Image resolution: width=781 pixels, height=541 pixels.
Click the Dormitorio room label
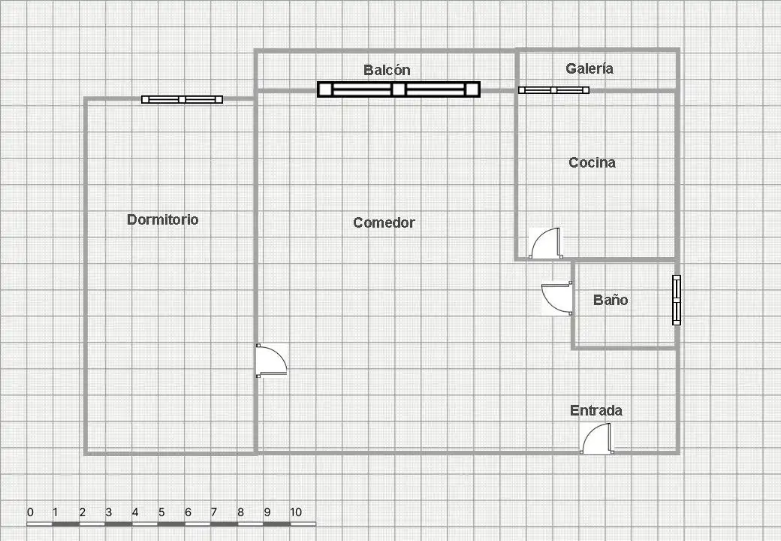click(x=163, y=219)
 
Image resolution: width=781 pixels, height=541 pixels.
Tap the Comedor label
click(x=384, y=222)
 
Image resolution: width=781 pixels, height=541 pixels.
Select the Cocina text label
click(x=593, y=162)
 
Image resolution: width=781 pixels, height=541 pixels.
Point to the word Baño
click(x=611, y=300)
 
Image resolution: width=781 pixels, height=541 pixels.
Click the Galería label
click(x=590, y=68)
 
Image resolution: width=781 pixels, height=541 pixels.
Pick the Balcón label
click(x=387, y=70)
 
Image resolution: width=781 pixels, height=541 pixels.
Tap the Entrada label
click(x=596, y=410)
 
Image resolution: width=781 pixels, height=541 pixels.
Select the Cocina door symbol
click(x=545, y=243)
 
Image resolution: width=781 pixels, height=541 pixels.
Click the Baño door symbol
click(x=557, y=298)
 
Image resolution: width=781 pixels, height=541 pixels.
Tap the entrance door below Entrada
click(x=596, y=438)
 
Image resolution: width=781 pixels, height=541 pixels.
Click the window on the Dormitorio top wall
click(x=182, y=100)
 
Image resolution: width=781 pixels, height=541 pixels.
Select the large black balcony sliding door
click(x=399, y=89)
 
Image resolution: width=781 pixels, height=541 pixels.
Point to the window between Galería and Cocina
click(x=554, y=90)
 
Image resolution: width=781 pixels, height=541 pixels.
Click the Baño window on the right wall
click(x=677, y=300)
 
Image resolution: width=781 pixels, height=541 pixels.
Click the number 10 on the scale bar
click(x=296, y=512)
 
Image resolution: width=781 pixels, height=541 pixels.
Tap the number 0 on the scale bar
click(x=31, y=512)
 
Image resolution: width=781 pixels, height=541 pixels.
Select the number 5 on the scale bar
click(x=161, y=512)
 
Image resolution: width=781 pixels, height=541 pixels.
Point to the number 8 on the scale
click(x=240, y=512)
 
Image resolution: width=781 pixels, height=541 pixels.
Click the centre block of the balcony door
click(x=399, y=89)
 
